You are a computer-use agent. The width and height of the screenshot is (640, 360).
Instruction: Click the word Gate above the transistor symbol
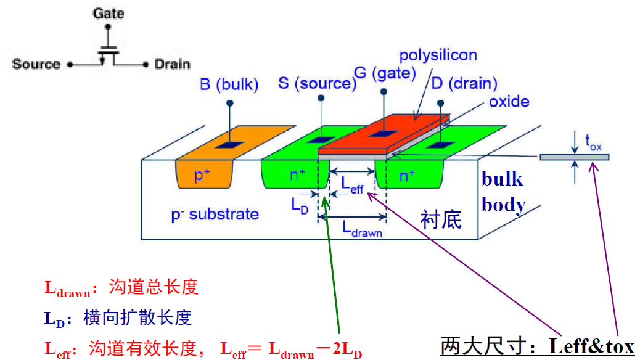point(109,13)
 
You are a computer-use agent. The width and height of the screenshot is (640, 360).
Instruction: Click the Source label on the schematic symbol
point(36,64)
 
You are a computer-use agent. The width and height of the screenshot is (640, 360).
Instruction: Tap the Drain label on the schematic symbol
point(172,64)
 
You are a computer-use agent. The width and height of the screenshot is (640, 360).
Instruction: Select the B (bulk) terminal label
point(229,84)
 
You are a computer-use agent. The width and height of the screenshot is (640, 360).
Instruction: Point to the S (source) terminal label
point(317,83)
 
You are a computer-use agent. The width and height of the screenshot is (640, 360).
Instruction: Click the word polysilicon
point(438,55)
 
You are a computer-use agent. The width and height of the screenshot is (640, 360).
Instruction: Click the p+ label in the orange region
point(203,176)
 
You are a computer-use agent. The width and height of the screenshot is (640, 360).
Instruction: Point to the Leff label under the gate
point(353,183)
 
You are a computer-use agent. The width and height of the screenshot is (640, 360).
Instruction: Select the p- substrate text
point(215,215)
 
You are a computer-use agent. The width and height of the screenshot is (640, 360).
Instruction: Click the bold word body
point(503,205)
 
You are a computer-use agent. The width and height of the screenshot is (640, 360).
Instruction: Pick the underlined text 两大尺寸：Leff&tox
point(537,346)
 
